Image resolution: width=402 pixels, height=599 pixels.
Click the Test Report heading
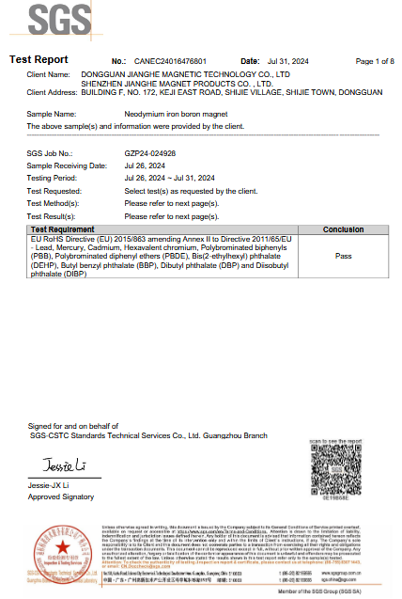tap(39, 60)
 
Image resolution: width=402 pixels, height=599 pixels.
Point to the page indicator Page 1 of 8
tap(375, 61)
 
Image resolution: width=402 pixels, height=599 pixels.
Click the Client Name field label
tap(49, 73)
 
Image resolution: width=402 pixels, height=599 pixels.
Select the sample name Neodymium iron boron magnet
tap(177, 113)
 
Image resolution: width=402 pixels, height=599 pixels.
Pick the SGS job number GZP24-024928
tap(150, 152)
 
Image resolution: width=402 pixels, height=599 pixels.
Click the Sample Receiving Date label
tap(67, 166)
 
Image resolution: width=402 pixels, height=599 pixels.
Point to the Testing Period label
tap(52, 178)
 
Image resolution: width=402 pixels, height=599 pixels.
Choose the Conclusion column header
tap(343, 229)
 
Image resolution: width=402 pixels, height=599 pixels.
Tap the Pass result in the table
tap(343, 255)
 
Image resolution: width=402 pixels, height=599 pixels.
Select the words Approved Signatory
tap(55, 496)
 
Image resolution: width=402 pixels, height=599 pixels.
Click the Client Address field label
tap(53, 93)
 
